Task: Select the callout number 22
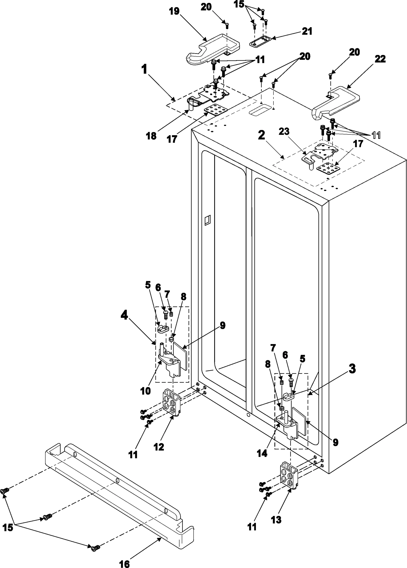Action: (380, 59)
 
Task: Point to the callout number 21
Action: (307, 31)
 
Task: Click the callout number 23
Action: (284, 132)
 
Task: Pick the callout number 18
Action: (151, 136)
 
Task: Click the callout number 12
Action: (159, 447)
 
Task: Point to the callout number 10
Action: (145, 391)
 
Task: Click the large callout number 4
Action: (124, 316)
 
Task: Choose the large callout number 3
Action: (352, 369)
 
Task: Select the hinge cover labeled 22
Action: (336, 103)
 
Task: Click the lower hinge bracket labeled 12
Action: (172, 404)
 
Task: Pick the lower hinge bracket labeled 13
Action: (290, 474)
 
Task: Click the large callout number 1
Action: (144, 70)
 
